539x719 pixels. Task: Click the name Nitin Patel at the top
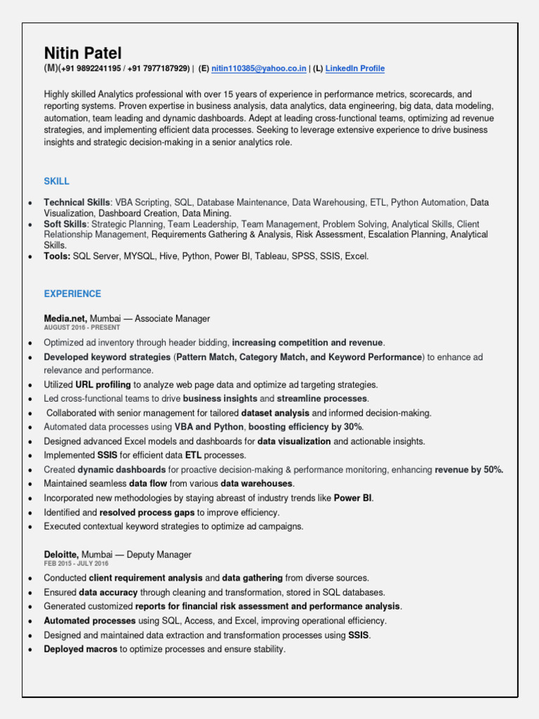tap(83, 53)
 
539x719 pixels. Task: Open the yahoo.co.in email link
tap(259, 69)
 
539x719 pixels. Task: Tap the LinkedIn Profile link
tap(355, 69)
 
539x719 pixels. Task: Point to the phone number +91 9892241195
tap(91, 69)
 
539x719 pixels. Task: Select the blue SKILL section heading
tap(57, 181)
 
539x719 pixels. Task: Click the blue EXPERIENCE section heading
tap(72, 293)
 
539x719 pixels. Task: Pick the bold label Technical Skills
tap(77, 202)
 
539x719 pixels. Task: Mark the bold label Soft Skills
tap(66, 224)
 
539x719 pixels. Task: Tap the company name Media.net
tap(65, 319)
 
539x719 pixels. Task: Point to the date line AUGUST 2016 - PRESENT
tap(81, 328)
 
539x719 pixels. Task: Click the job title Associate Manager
tap(172, 319)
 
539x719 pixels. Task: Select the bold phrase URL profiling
tap(103, 385)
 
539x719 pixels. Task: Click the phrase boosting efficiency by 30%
tap(305, 427)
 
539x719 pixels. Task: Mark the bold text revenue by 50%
tap(469, 470)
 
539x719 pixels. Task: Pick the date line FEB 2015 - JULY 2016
tap(77, 564)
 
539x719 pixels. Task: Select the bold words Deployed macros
tap(81, 649)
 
